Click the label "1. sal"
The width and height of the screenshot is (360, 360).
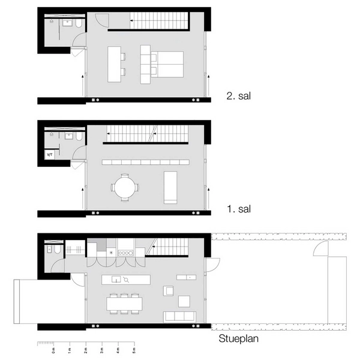click(x=239, y=209)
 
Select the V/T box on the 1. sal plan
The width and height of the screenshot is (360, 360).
click(x=50, y=155)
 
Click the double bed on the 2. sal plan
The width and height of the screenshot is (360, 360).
click(x=169, y=64)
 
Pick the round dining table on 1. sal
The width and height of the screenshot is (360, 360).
click(x=124, y=187)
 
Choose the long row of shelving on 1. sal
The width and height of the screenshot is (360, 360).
click(x=146, y=162)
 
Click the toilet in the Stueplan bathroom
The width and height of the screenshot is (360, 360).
click(x=50, y=249)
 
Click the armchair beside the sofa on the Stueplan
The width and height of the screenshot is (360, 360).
click(x=169, y=290)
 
